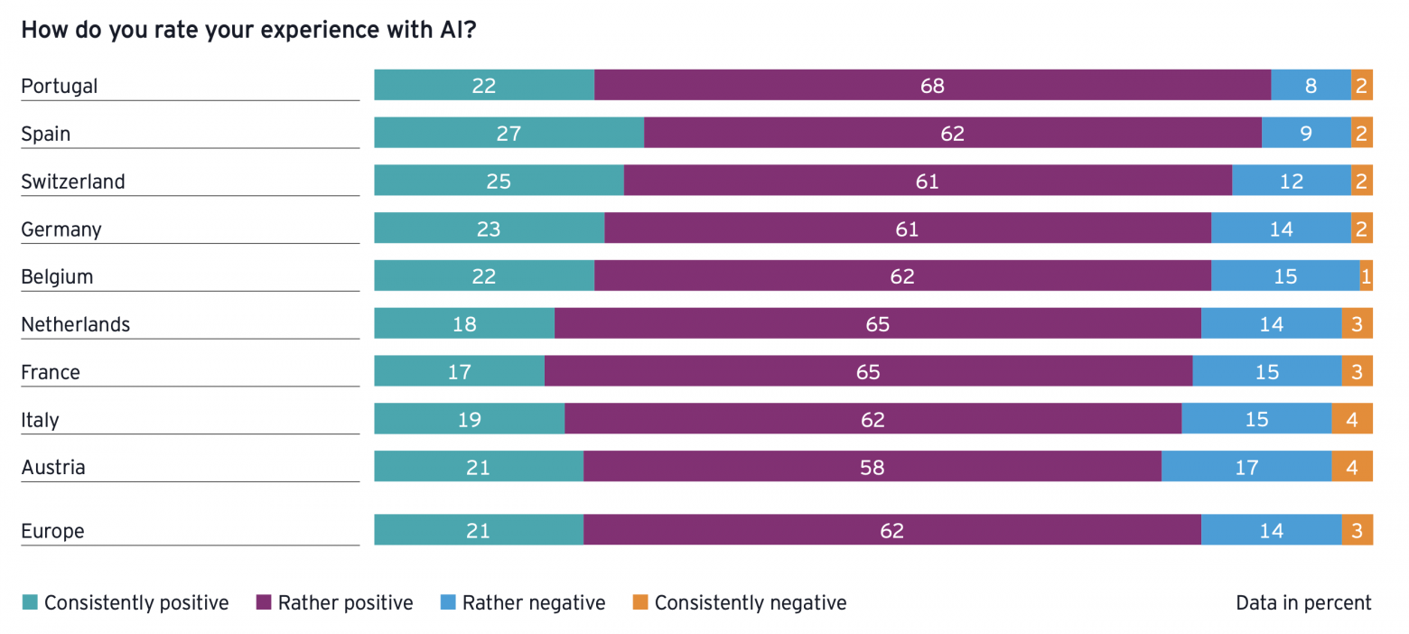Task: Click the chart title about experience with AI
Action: [x=249, y=30]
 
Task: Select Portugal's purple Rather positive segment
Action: [x=932, y=85]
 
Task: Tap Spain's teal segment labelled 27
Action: [x=509, y=133]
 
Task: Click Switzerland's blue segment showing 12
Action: [x=1292, y=181]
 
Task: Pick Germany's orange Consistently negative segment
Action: [x=1362, y=228]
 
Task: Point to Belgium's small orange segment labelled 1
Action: [x=1367, y=276]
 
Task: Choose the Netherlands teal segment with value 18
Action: [x=464, y=323]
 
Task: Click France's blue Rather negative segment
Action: [x=1267, y=371]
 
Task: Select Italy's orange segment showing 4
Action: [x=1352, y=419]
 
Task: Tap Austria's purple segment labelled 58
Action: [x=872, y=467]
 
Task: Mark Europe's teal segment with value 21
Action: [x=479, y=530]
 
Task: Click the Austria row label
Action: [x=53, y=467]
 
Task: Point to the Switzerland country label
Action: [x=73, y=182]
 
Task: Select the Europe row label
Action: [x=52, y=531]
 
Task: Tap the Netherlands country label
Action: [x=76, y=324]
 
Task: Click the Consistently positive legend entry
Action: [x=126, y=602]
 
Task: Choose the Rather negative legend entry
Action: [x=523, y=602]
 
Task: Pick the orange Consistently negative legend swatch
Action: [x=640, y=601]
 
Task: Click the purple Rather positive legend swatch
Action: [x=264, y=601]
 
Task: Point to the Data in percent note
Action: [x=1303, y=602]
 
